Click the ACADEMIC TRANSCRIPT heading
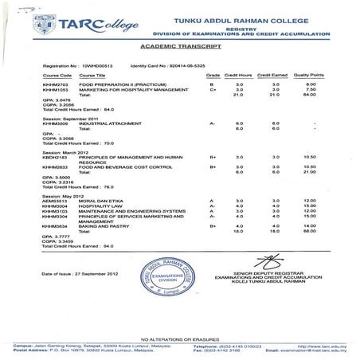179,47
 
